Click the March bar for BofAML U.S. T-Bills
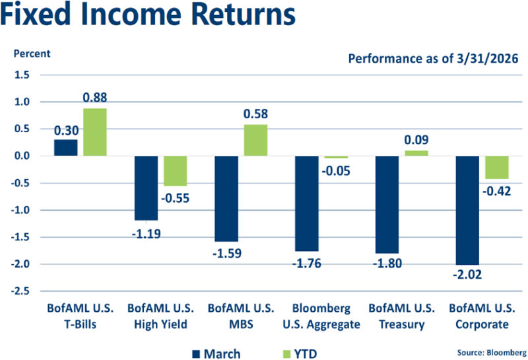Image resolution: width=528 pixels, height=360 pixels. tap(65, 148)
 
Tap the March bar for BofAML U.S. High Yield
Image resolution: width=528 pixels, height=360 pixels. tap(146, 188)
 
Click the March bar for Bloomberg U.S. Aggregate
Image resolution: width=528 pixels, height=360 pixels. tap(307, 203)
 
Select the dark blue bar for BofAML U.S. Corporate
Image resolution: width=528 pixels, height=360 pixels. tap(467, 210)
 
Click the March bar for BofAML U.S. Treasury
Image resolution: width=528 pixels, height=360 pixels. tap(387, 204)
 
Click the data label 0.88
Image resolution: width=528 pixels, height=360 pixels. tap(94, 97)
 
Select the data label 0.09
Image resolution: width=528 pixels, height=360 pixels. tap(416, 140)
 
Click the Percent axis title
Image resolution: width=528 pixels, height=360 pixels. tap(28, 53)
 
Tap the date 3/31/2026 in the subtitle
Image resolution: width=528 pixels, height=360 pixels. tap(485, 59)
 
